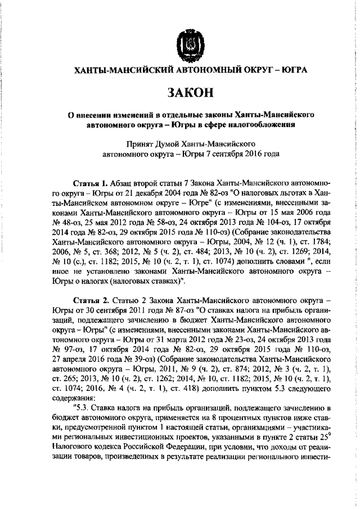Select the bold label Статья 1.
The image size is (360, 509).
point(91,184)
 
